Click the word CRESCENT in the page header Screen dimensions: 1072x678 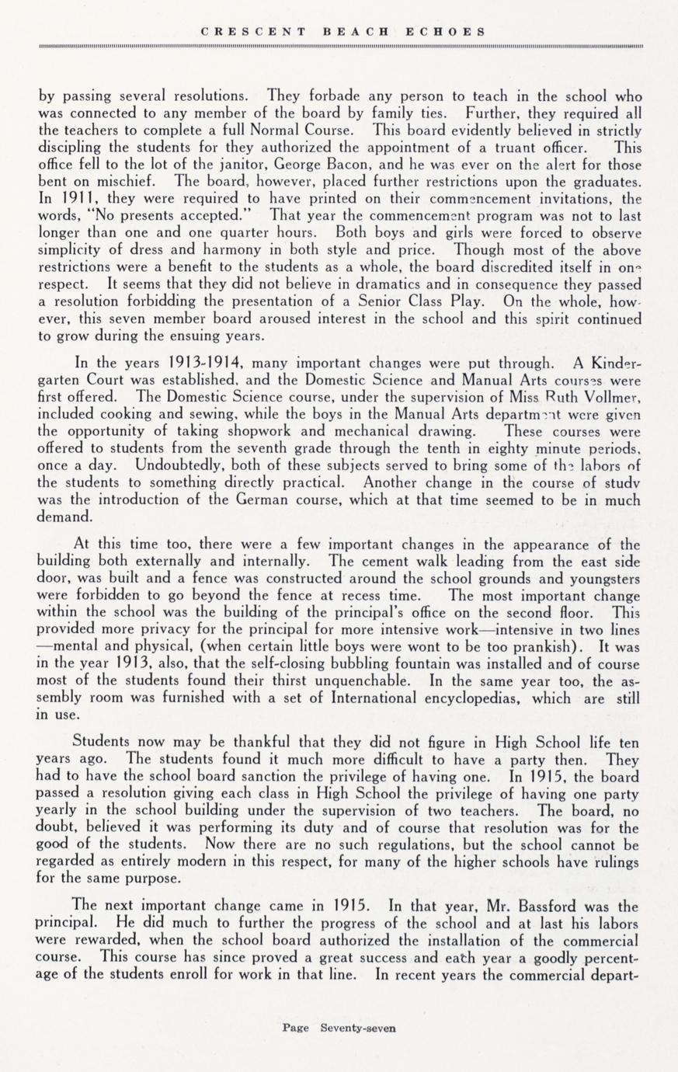click(x=253, y=32)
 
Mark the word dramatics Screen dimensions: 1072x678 click(x=346, y=284)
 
